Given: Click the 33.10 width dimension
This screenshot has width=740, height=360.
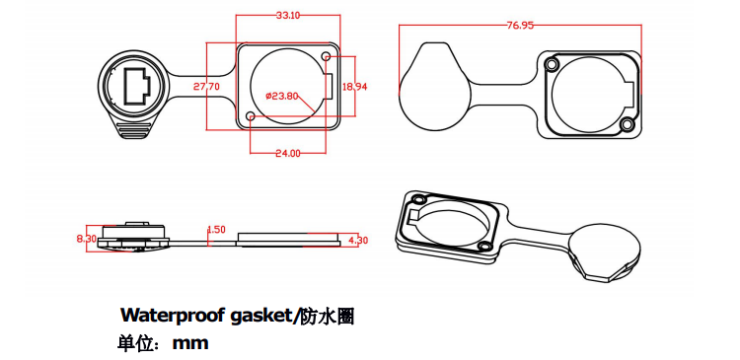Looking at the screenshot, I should (288, 16).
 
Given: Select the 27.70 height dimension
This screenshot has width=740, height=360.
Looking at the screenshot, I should (206, 87).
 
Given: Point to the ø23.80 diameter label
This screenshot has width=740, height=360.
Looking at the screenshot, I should (283, 96).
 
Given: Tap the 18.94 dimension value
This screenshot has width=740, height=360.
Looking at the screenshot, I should (354, 86).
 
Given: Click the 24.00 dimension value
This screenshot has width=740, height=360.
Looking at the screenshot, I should (288, 153).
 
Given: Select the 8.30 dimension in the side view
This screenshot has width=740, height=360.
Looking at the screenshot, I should (86, 239).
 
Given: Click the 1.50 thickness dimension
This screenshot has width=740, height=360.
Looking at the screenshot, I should (216, 230).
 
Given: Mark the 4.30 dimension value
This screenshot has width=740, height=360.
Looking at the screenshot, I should (358, 240).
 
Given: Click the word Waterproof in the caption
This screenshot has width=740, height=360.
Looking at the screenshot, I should (174, 317).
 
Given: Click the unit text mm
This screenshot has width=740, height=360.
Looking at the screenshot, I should (190, 344).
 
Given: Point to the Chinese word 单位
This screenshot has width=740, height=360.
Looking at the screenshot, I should (136, 344).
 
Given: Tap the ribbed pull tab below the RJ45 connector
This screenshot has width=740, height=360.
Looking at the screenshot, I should (135, 129).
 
